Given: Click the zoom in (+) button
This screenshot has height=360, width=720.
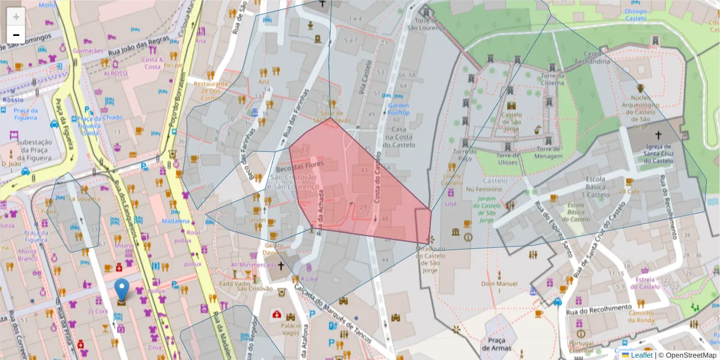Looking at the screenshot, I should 16,17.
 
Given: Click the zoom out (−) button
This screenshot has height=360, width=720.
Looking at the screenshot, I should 16,35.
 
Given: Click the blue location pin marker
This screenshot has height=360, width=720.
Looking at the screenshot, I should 122,290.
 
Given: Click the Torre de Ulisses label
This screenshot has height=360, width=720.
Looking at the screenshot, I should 507,159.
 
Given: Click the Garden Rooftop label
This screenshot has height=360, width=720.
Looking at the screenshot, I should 398,109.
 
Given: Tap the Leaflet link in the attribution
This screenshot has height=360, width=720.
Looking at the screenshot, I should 641,355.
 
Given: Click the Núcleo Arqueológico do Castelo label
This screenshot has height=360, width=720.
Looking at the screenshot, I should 640,111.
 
